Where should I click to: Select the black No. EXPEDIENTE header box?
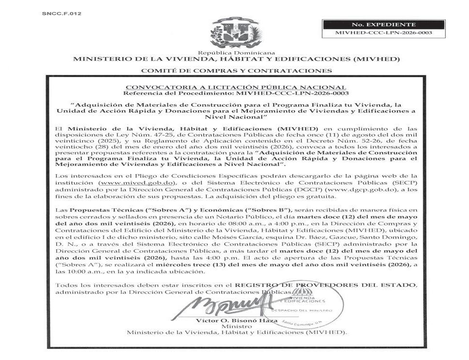(x=377, y=24)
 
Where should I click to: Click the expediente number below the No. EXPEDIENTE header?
(x=377, y=33)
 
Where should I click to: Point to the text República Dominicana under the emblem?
(x=236, y=53)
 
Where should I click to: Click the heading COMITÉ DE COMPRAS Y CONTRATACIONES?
(x=236, y=71)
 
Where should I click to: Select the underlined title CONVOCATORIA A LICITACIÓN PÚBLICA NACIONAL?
(x=236, y=86)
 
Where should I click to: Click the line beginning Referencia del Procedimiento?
(x=236, y=93)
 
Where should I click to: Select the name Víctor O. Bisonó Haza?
(x=237, y=320)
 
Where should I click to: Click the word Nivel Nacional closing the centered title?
(x=236, y=117)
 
